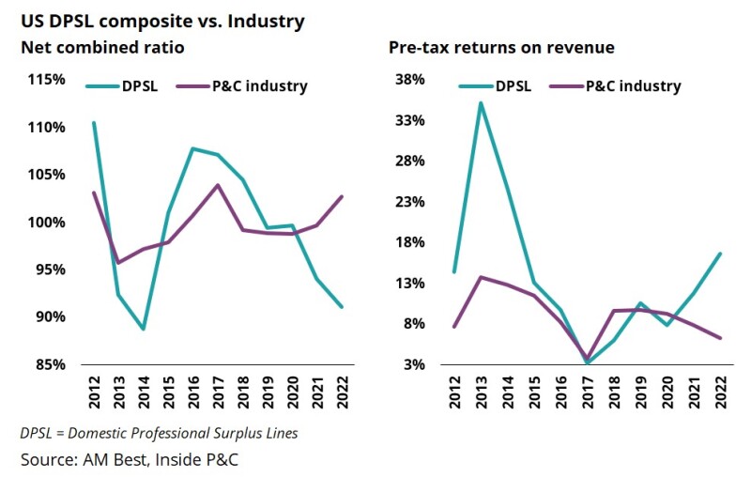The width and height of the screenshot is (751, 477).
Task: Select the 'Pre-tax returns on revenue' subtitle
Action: (489, 47)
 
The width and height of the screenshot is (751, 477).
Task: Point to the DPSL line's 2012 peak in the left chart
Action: (94, 122)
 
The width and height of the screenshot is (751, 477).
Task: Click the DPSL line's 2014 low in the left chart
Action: (144, 329)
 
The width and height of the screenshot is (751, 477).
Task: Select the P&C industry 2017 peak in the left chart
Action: (218, 185)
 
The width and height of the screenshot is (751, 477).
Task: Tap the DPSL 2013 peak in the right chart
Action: (481, 102)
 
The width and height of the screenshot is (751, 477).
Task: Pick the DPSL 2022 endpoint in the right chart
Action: (720, 254)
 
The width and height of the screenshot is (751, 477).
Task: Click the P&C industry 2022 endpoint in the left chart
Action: (342, 196)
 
